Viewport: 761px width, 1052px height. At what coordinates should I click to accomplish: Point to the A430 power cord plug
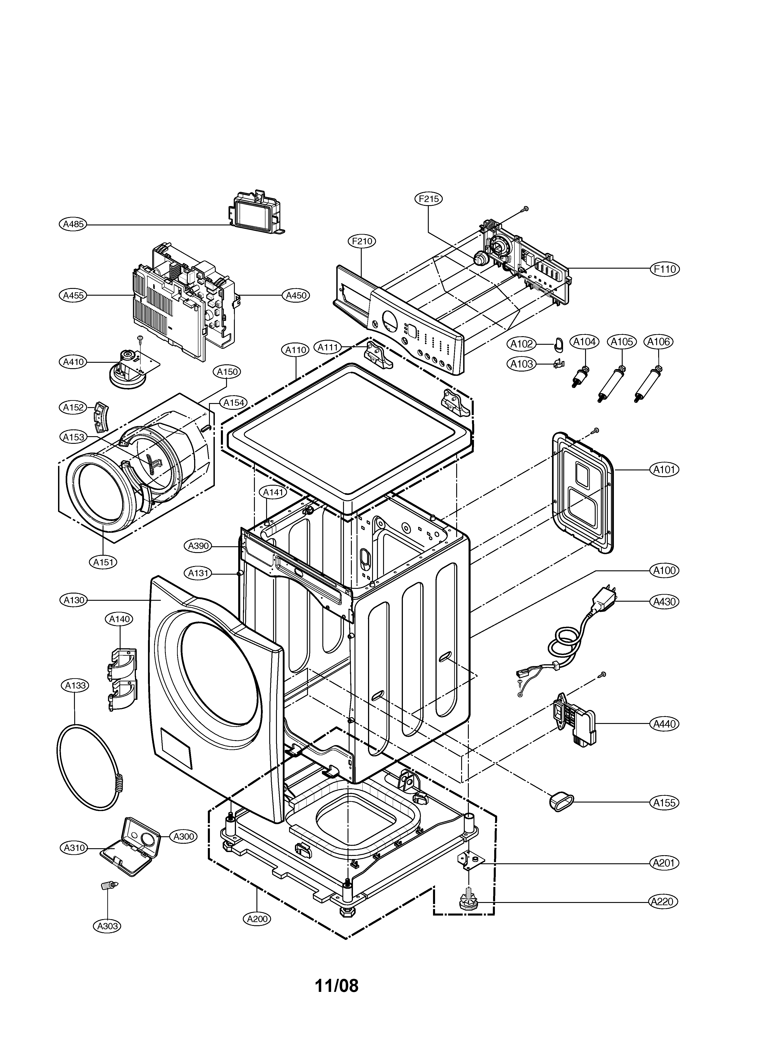point(605,598)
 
